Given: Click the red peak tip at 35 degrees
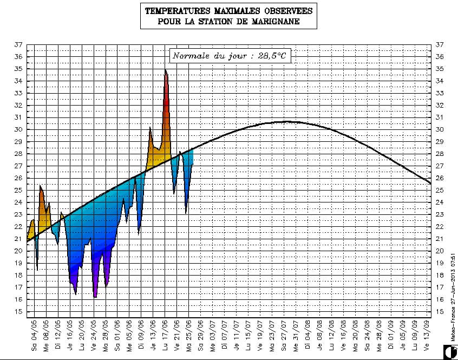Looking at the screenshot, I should pyautogui.click(x=166, y=70).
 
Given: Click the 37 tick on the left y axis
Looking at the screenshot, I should pyautogui.click(x=18, y=45).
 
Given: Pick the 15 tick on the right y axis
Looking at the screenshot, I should pyautogui.click(x=439, y=312).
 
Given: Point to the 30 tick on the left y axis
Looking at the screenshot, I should pyautogui.click(x=18, y=129).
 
